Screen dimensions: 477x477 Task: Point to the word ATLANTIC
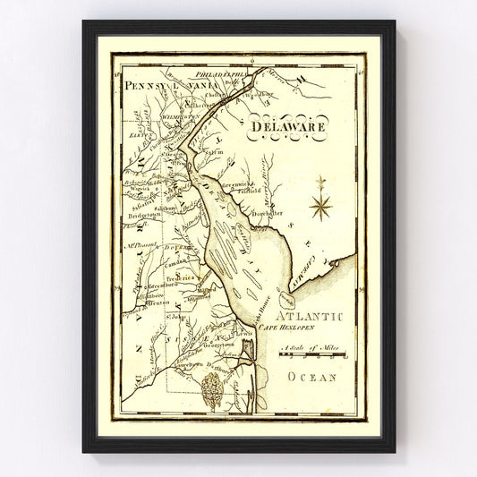point(309,316)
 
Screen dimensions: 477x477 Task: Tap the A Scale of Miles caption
point(307,347)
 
